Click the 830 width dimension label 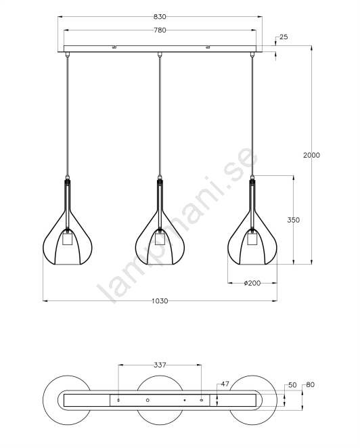[x=160, y=17]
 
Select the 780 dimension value [x=160, y=30]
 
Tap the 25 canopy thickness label [x=284, y=37]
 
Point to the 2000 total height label [x=311, y=155]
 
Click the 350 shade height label [x=294, y=220]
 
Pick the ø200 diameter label [x=252, y=283]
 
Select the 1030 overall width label [x=160, y=301]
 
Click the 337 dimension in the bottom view [x=160, y=365]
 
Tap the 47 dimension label [x=225, y=384]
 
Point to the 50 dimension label [x=292, y=385]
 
